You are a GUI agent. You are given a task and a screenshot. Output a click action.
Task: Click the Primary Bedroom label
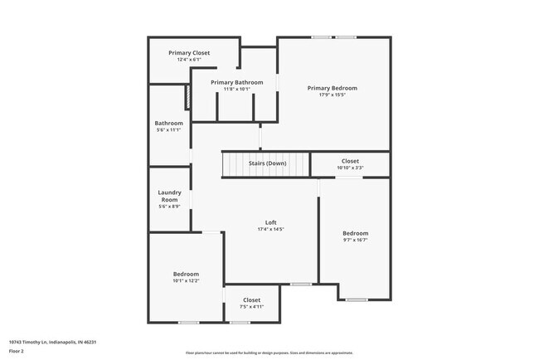[x=332, y=88]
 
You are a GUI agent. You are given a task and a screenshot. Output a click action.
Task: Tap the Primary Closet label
[x=188, y=52]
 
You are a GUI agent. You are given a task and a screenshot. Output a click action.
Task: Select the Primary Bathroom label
[x=236, y=82]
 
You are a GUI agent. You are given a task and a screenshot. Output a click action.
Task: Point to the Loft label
[x=270, y=222]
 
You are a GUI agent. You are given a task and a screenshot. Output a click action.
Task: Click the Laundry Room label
[x=169, y=196]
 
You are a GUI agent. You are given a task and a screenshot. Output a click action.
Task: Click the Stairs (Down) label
[x=267, y=163]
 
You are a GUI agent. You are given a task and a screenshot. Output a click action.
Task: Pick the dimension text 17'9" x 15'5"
[x=332, y=95]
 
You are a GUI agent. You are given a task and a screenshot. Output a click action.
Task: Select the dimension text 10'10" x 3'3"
[x=350, y=168]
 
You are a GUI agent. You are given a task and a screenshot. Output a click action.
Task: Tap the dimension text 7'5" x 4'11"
[x=251, y=308]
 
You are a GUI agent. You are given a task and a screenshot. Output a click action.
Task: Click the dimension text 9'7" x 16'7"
[x=355, y=241]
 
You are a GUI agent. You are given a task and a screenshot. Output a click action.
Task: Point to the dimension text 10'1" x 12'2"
[x=186, y=281]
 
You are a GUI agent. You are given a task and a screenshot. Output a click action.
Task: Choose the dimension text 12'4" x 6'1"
[x=188, y=60]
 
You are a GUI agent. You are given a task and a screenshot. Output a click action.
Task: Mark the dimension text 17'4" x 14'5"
[x=270, y=230]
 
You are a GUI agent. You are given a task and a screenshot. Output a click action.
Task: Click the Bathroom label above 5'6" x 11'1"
[x=168, y=123]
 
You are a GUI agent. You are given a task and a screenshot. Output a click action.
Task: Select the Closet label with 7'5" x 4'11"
[x=251, y=300]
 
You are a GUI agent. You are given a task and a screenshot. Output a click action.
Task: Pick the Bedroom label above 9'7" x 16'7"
[x=355, y=233]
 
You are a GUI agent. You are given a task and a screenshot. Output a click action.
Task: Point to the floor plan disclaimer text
[x=269, y=353]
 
